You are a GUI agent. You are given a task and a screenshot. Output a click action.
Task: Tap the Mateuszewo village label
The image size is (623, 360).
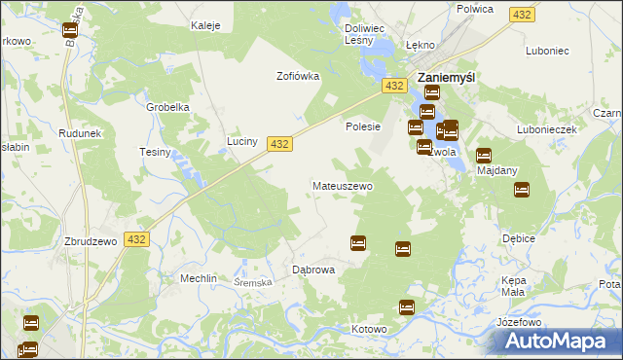click(342, 185)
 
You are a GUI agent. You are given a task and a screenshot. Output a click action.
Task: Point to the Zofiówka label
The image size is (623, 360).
click(298, 77)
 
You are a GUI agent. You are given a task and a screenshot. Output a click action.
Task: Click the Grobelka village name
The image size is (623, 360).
click(166, 108)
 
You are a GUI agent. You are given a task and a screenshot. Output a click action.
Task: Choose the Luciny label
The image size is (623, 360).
click(241, 142)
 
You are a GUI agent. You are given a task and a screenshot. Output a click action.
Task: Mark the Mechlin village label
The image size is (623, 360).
click(198, 277)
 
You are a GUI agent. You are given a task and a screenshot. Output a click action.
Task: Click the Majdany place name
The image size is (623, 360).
click(497, 170)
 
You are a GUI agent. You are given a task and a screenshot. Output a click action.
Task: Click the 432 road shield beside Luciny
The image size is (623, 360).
click(279, 143)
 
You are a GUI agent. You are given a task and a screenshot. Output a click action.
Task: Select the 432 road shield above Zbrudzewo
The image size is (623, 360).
click(136, 240)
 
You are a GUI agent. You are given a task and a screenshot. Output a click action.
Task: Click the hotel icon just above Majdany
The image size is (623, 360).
click(484, 154)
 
